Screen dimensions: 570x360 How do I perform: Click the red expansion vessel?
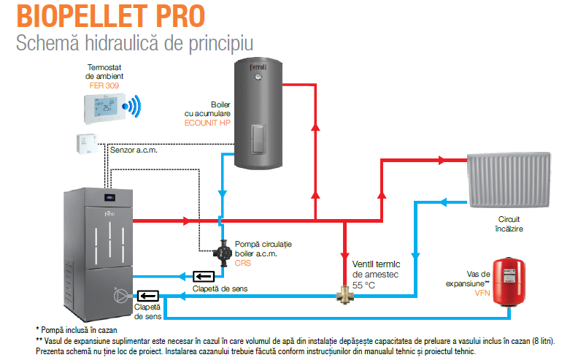pos(509,282)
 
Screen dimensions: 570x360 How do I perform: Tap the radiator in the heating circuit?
pos(509,180)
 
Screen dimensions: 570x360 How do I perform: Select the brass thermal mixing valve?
pos(344,295)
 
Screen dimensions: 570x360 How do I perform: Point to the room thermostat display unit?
pos(104,108)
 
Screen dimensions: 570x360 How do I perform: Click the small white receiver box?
pos(87,144)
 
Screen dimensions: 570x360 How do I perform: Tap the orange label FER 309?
pos(104,85)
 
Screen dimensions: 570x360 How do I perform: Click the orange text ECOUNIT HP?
pos(207,123)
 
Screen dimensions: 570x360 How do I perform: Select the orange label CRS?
pos(243,263)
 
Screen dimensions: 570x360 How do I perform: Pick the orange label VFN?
pos(482,293)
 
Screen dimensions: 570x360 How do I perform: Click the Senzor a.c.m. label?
pos(134,150)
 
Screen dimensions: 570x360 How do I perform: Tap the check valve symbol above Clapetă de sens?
pos(203,277)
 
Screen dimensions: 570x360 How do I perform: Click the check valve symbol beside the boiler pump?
pos(148,296)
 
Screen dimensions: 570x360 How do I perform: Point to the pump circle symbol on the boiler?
pos(120,296)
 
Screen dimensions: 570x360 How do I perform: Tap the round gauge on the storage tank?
pos(258,77)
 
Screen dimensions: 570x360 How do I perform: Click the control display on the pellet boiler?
pos(109,198)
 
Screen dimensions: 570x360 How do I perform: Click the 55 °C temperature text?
pos(363,285)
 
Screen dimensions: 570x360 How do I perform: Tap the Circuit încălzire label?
pos(509,224)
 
